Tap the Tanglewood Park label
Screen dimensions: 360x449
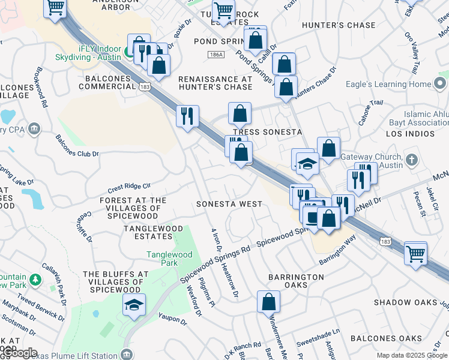(169, 259)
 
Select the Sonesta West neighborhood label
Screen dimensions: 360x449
(229, 204)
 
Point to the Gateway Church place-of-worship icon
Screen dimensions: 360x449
(411, 160)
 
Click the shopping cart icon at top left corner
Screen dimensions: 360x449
(55, 8)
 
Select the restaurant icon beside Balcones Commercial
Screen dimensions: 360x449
(187, 115)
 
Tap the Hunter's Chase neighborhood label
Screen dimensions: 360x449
(339, 25)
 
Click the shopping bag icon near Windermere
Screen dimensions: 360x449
(268, 301)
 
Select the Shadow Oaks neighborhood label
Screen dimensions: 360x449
(405, 302)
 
